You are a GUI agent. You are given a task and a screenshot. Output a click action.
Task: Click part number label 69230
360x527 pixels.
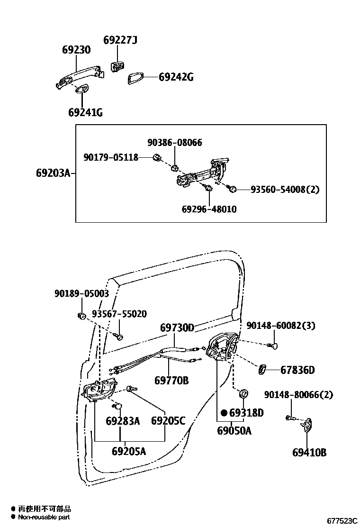pyautogui.click(x=76, y=50)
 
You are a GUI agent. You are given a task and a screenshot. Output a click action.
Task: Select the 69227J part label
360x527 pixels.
pyautogui.click(x=120, y=40)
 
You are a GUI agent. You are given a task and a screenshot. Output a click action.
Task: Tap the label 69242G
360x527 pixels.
pyautogui.click(x=176, y=77)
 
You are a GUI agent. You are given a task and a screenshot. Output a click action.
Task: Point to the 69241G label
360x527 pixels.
pyautogui.click(x=85, y=112)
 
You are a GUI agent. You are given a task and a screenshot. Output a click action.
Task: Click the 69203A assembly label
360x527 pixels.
pyautogui.click(x=53, y=173)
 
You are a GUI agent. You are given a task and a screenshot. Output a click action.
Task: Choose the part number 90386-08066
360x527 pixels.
pyautogui.click(x=174, y=142)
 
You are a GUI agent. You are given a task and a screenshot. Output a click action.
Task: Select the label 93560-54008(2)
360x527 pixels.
pyautogui.click(x=285, y=190)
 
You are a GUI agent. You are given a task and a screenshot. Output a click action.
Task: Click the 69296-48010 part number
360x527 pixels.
pyautogui.click(x=209, y=209)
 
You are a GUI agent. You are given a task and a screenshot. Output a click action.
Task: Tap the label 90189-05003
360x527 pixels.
pyautogui.click(x=81, y=294)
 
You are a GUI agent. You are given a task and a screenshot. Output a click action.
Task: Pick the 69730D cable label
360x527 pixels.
pyautogui.click(x=177, y=327)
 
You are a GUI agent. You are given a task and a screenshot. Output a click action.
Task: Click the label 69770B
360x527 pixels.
pyautogui.click(x=171, y=380)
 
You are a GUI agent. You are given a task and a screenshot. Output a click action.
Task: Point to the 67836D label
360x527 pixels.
pyautogui.click(x=297, y=370)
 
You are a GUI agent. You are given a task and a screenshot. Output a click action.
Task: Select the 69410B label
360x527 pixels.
pyautogui.click(x=309, y=453)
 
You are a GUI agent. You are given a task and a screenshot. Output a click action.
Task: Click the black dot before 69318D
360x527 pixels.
pyautogui.click(x=224, y=413)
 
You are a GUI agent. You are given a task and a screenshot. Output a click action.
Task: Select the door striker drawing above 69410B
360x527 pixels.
pyautogui.click(x=308, y=425)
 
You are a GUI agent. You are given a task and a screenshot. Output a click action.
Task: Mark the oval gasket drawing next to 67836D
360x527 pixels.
pyautogui.click(x=263, y=369)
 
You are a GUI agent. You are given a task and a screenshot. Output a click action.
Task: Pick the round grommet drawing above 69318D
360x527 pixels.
pyautogui.click(x=244, y=393)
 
